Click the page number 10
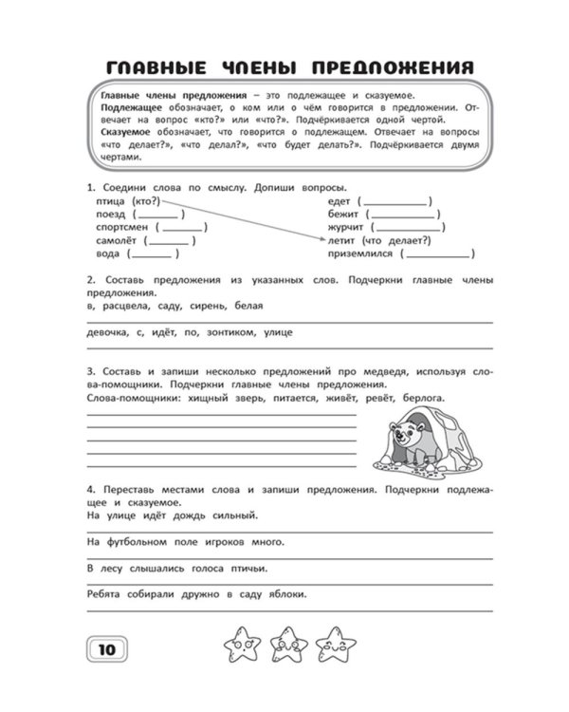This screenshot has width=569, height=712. [x=105, y=648]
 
